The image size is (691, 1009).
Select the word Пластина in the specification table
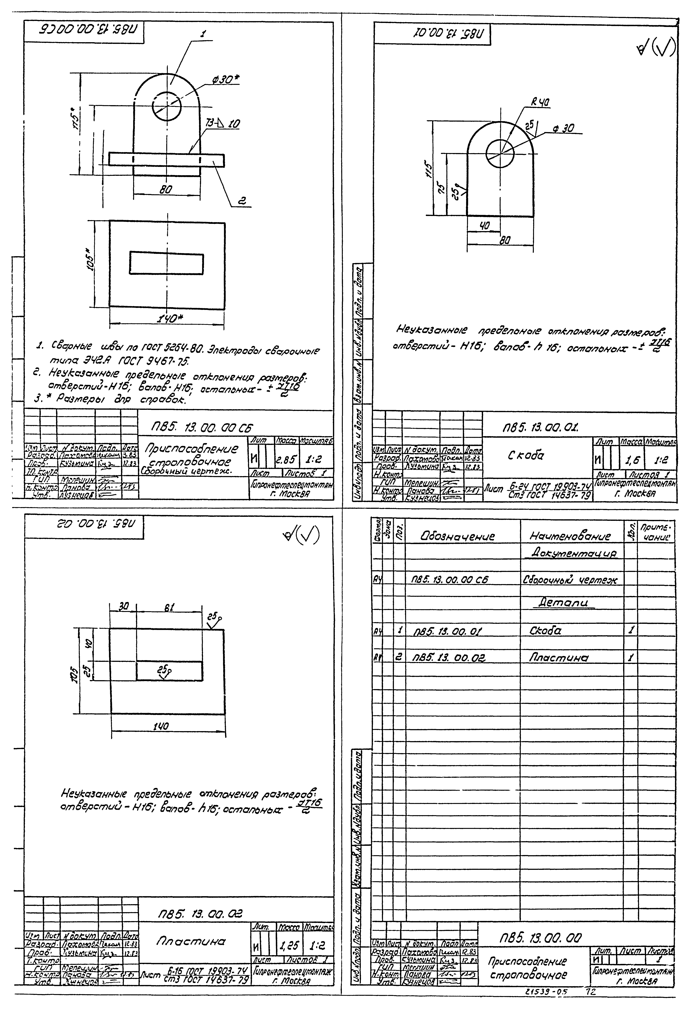(x=558, y=658)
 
